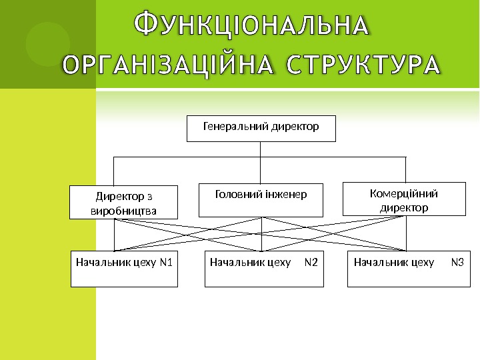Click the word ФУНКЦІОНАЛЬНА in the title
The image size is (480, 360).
pyautogui.click(x=251, y=26)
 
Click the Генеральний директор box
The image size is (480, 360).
pyautogui.click(x=261, y=129)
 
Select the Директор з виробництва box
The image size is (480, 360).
pyautogui.click(x=124, y=203)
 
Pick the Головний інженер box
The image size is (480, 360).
pyautogui.click(x=261, y=200)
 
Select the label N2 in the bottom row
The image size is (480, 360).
pyautogui.click(x=311, y=262)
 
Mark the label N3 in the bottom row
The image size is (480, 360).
pyautogui.click(x=457, y=262)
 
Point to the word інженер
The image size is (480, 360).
pyautogui.click(x=285, y=195)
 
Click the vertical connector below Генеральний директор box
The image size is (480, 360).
pyautogui.click(x=261, y=149)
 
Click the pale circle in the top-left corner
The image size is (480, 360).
pyautogui.click(x=47, y=44)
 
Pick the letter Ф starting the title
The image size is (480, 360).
pyautogui.click(x=146, y=25)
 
